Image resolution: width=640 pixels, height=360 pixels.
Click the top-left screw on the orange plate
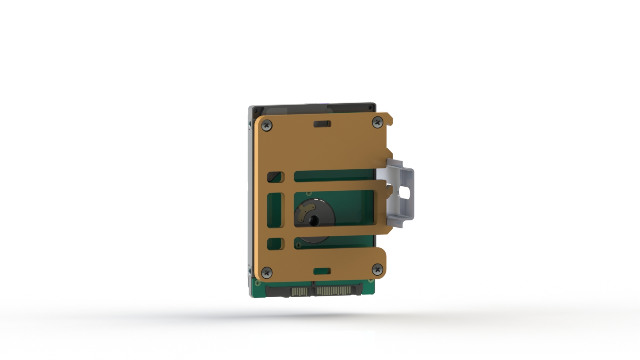[267, 126]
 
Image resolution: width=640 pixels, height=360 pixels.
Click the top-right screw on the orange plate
[377, 122]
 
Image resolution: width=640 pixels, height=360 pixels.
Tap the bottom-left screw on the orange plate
[267, 272]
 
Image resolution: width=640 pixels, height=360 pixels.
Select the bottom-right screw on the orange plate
[377, 270]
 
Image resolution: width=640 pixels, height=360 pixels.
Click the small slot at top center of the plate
[322, 124]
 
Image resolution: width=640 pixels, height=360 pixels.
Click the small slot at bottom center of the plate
[322, 272]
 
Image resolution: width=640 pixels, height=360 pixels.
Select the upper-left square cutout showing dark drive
[275, 177]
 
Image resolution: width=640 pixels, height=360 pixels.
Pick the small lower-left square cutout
[275, 243]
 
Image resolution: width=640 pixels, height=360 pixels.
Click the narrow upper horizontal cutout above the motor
[334, 176]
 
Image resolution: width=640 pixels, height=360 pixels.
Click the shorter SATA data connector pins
[300, 292]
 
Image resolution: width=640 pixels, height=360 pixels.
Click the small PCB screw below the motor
[298, 245]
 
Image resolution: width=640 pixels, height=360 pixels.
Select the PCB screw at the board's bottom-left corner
[258, 283]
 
